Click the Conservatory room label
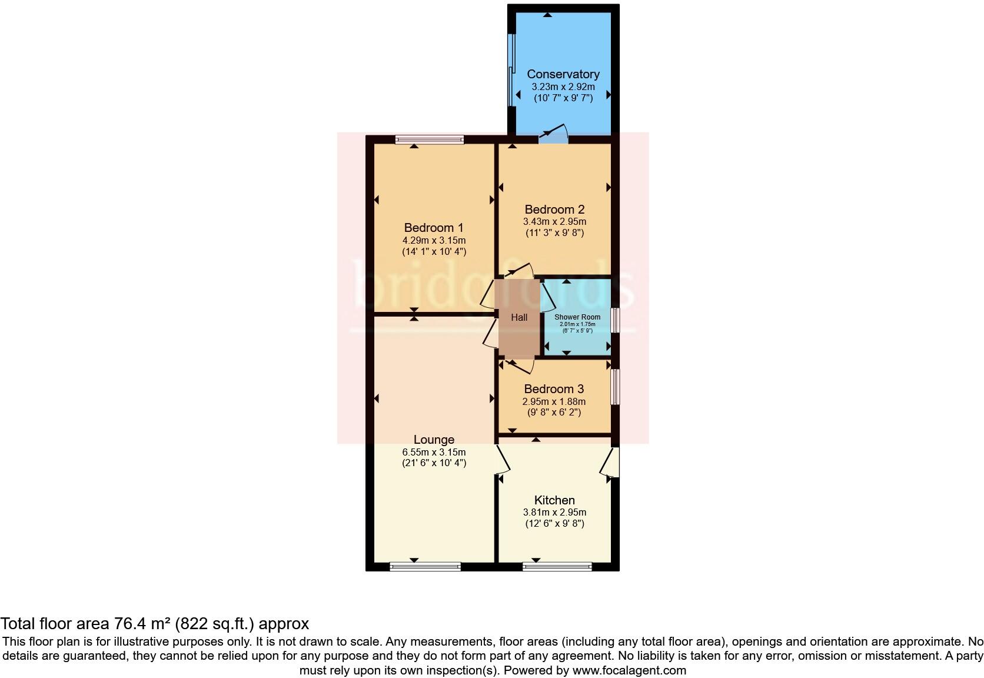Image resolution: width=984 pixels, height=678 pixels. (563, 74)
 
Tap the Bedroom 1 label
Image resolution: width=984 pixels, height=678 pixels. (434, 228)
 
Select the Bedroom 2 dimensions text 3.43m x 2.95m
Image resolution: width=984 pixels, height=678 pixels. (554, 222)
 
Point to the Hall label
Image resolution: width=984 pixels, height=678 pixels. (519, 317)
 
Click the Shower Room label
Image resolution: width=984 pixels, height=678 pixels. (577, 317)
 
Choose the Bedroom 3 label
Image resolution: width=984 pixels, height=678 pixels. (554, 389)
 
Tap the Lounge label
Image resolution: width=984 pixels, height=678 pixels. (434, 440)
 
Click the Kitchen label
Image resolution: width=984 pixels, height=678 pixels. (554, 500)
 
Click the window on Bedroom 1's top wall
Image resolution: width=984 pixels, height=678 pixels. (430, 139)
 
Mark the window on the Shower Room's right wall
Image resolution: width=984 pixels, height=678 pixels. (614, 321)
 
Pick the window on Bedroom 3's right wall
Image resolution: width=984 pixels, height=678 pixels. (614, 387)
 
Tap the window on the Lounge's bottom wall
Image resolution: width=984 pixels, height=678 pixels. (425, 567)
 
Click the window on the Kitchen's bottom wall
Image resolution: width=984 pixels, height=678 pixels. (557, 567)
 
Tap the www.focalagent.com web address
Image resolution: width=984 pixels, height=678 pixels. (629, 670)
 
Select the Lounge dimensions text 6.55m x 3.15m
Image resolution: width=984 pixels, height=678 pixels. (434, 452)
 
